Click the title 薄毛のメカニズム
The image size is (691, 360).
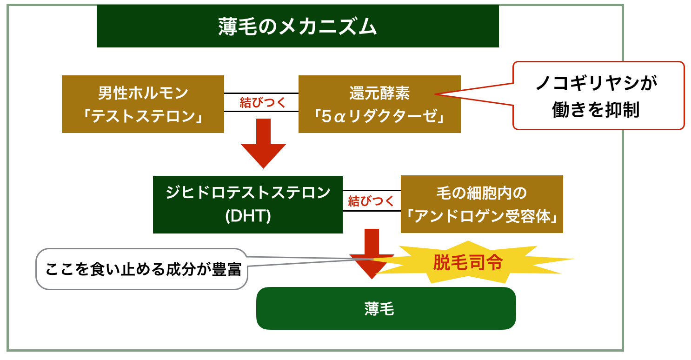(x=298, y=27)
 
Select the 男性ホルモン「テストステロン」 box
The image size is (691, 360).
(x=143, y=104)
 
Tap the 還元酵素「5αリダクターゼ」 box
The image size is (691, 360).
(x=379, y=104)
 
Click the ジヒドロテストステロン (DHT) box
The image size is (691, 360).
(x=247, y=204)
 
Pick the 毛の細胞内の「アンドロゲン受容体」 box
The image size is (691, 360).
(x=482, y=204)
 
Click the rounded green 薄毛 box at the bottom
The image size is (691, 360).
(x=386, y=308)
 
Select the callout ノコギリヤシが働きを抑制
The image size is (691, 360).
(x=599, y=96)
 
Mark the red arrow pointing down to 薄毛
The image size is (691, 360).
(x=372, y=253)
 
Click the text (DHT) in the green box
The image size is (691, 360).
(x=247, y=217)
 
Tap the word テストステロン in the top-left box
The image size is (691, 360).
(x=143, y=116)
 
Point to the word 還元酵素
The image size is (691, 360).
(x=379, y=93)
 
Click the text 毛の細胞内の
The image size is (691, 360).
(x=482, y=193)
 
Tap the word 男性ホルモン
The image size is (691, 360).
(x=143, y=93)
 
